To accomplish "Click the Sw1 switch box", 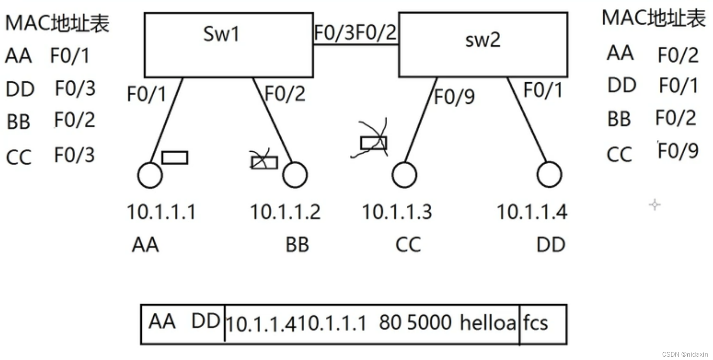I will pos(228,45).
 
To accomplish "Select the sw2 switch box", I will pos(483,45).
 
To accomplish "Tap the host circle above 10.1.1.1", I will pos(150,175).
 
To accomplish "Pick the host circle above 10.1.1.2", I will pos(295,175).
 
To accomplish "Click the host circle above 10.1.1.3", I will pos(404,175).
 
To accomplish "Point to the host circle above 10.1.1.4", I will pos(549,175).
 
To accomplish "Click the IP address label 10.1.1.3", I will pos(397,212).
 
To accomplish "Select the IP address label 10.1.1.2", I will pos(285,212).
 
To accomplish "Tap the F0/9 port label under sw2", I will pos(454,97).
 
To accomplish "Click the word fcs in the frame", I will pos(535,323).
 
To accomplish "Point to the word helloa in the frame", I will pos(488,323).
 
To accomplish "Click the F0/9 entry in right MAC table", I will pos(678,151).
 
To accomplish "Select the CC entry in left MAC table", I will pos(19,157).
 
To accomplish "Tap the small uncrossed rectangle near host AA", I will pos(174,158).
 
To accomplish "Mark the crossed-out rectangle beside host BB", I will pos(264,162).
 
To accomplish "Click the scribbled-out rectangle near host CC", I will pos(373,143).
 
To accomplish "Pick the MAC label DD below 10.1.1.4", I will pos(551,245).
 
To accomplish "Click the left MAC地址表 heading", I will pos(57,24).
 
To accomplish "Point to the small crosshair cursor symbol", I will pos(655,205).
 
